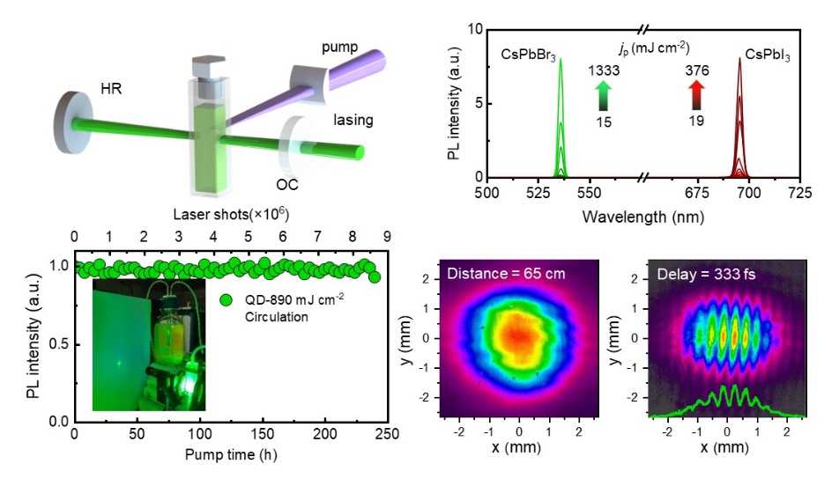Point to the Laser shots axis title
(230, 214)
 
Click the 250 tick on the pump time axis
(388, 435)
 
